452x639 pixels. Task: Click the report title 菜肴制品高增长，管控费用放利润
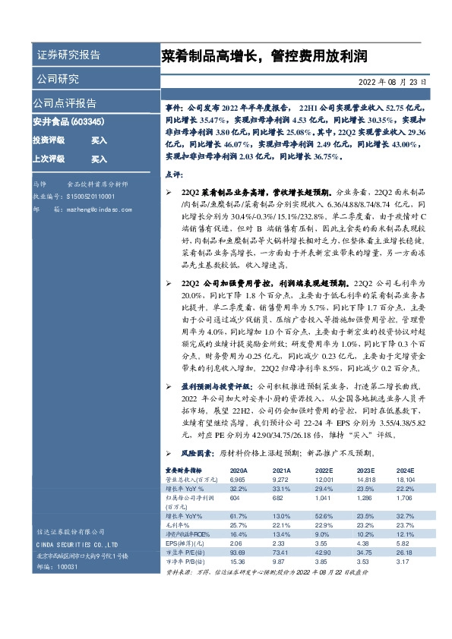point(264,56)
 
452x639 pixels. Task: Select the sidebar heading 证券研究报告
point(68,55)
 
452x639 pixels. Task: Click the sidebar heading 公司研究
point(57,79)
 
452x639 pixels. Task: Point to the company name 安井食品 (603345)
point(68,121)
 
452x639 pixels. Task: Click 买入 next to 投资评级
point(100,140)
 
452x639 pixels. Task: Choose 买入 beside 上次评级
point(100,159)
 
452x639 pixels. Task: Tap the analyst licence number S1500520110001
point(91,195)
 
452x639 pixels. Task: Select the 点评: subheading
point(174,175)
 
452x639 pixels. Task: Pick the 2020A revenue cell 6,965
point(238,480)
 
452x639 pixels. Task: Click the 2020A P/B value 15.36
point(238,563)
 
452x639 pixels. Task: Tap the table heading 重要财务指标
point(185,471)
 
